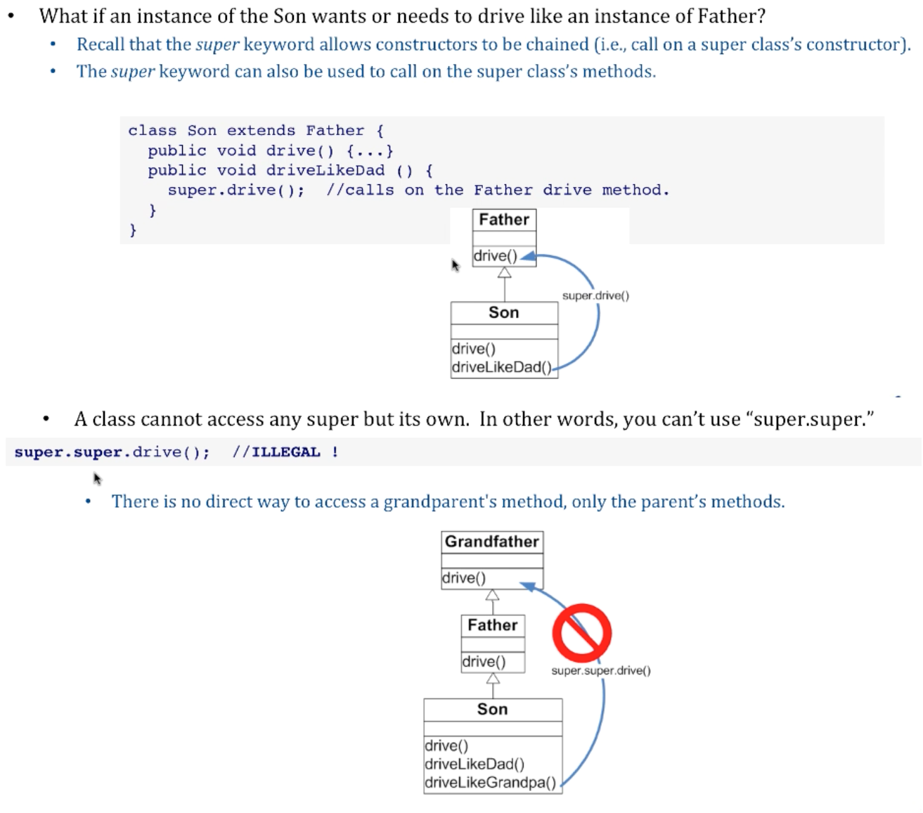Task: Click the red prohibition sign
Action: (581, 633)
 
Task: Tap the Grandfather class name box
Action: (492, 542)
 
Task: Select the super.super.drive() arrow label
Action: (601, 671)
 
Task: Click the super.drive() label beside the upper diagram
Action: (595, 296)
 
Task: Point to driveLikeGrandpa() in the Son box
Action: (490, 783)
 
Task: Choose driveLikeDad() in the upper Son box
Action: (502, 367)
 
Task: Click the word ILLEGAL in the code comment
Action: (286, 452)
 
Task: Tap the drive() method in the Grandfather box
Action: (464, 578)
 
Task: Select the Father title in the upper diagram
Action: (504, 219)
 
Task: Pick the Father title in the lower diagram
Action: (492, 625)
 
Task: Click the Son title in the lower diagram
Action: (492, 710)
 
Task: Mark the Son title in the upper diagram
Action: (503, 313)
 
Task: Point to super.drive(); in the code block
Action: (235, 190)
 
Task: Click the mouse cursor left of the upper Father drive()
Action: (455, 264)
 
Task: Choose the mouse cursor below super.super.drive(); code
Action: (98, 478)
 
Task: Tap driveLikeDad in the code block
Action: (325, 170)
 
